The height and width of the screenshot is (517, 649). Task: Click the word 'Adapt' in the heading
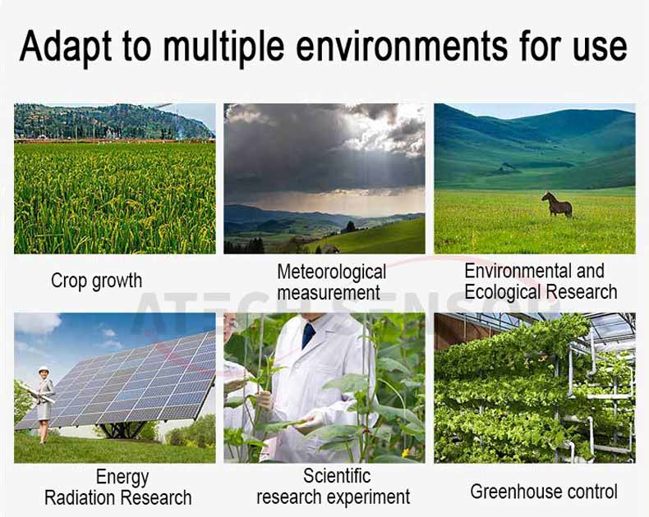(66, 46)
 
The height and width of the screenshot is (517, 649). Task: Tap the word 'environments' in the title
(402, 45)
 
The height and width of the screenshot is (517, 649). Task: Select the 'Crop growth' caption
(96, 281)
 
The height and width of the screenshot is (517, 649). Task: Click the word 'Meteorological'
(332, 272)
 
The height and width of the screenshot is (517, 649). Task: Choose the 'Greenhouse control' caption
(544, 492)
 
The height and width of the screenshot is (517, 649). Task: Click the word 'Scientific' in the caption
(337, 476)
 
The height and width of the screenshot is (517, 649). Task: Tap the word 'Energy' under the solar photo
(122, 478)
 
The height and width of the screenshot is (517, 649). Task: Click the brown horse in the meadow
(557, 204)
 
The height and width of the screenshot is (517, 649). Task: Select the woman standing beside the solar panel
(44, 405)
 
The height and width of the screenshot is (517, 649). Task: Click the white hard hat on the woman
(44, 369)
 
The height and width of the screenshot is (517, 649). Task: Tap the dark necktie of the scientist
(307, 335)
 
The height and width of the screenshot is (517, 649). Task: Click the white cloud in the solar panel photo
(37, 323)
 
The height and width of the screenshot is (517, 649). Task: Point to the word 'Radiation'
(80, 497)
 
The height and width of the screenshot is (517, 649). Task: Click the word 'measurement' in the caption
(329, 293)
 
